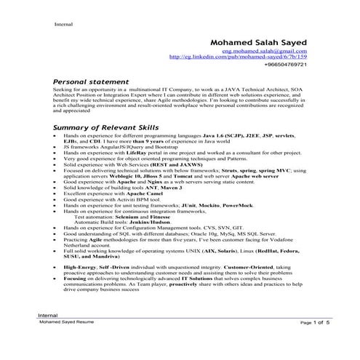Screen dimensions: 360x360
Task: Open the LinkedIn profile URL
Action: pos(238,57)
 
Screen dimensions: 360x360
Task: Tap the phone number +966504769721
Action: pos(287,65)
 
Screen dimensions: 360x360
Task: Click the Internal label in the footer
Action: pos(47,315)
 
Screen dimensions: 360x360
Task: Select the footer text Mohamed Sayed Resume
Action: pos(66,321)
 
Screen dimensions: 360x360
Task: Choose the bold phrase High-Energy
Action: pos(81,268)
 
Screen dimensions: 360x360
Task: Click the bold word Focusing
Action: pos(75,279)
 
